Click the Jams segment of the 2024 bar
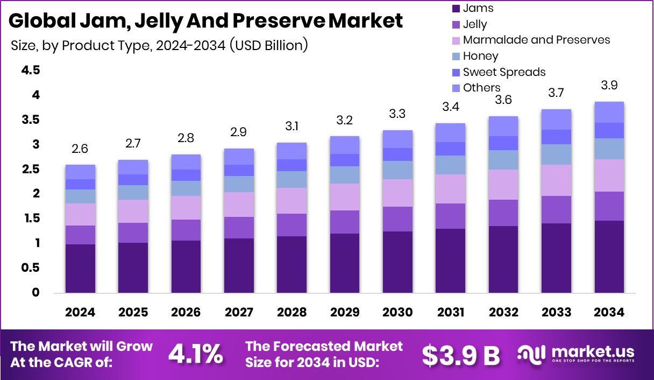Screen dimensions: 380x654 coord(80,268)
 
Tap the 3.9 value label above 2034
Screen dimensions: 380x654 coord(609,86)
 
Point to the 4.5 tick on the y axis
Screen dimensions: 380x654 coord(30,71)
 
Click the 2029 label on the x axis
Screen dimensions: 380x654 coord(345,313)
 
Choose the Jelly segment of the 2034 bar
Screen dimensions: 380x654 coord(609,206)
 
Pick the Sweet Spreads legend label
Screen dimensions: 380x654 coord(504,72)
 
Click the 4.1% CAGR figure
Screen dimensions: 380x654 coord(195,354)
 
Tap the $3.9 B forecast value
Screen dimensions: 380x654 coord(460,355)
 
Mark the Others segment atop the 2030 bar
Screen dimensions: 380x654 coord(397,139)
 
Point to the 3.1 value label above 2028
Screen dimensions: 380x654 coord(292,126)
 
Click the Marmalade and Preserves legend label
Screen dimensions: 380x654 coord(536,40)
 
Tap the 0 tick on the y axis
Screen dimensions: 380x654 coord(36,293)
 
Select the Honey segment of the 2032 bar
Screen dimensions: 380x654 coord(503,160)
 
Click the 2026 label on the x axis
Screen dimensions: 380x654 coord(186,313)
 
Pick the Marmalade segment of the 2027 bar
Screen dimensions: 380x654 coord(239,205)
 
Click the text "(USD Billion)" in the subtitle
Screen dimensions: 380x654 coord(269,45)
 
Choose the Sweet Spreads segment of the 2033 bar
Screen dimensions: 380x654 coord(556,137)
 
